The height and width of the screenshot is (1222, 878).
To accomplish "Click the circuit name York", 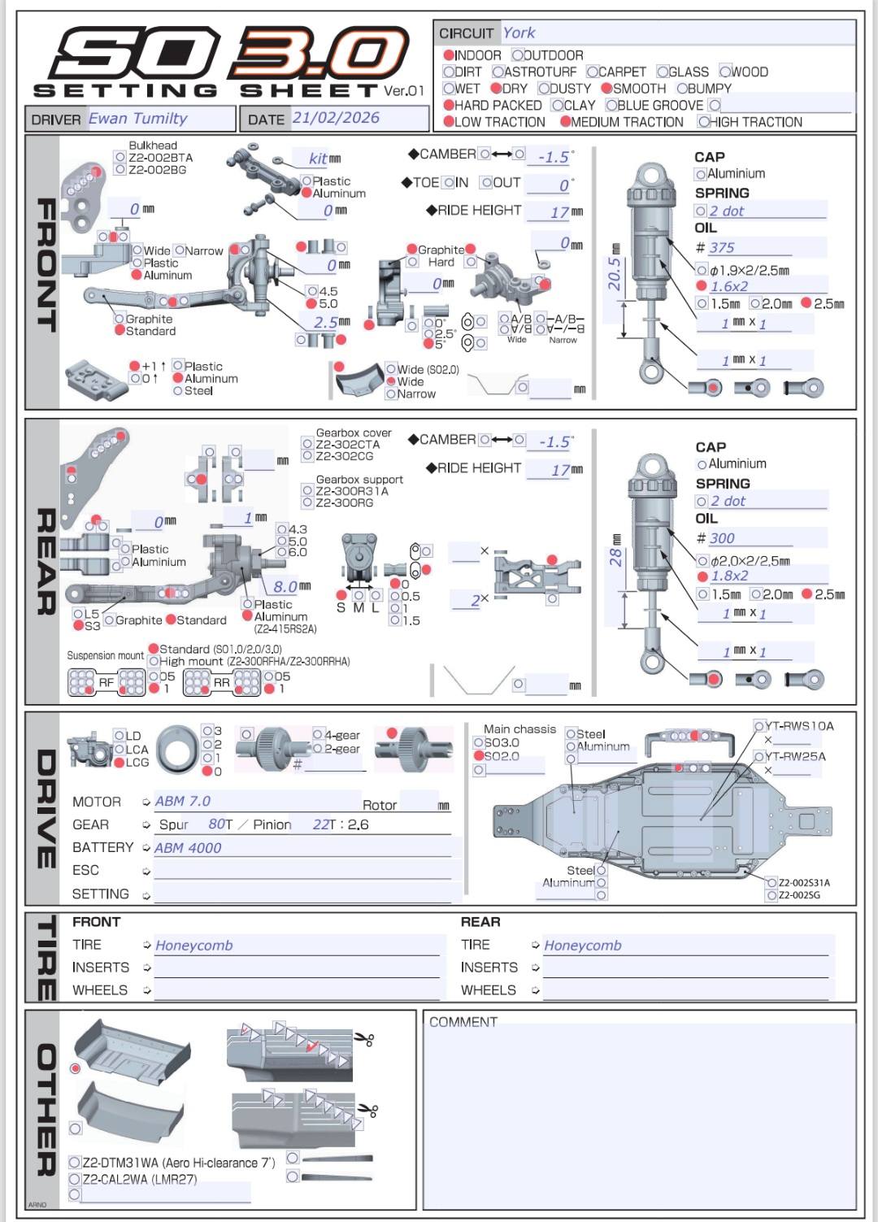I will click(x=519, y=33).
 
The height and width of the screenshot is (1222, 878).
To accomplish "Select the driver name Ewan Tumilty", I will click(x=137, y=118).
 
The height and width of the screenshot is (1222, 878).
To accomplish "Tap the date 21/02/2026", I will click(x=336, y=118).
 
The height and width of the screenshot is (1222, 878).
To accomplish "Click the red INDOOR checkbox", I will click(x=449, y=55).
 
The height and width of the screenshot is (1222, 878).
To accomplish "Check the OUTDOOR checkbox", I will click(x=517, y=55).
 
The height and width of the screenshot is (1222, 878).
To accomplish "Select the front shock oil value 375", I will click(x=721, y=248).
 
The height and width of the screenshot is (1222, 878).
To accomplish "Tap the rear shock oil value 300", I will click(x=721, y=538).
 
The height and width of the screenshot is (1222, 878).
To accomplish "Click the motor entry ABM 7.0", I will click(x=182, y=802).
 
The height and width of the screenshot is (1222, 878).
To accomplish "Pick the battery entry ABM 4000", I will click(x=188, y=848).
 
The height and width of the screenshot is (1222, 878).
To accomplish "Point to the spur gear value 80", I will click(x=216, y=824).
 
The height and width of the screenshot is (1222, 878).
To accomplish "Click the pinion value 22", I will click(x=321, y=824).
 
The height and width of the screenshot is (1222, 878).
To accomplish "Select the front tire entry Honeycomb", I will click(x=193, y=946).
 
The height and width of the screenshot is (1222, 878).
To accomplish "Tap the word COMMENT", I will click(x=463, y=1022).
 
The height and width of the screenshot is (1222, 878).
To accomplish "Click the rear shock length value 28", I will click(x=615, y=557).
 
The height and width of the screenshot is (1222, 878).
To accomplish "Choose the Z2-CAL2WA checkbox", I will click(x=75, y=1179).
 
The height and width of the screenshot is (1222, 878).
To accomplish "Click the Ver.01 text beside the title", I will click(x=404, y=91).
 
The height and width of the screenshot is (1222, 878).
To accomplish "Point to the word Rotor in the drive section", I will click(x=379, y=805).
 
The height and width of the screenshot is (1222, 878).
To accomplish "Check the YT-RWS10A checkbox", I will click(x=759, y=726).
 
